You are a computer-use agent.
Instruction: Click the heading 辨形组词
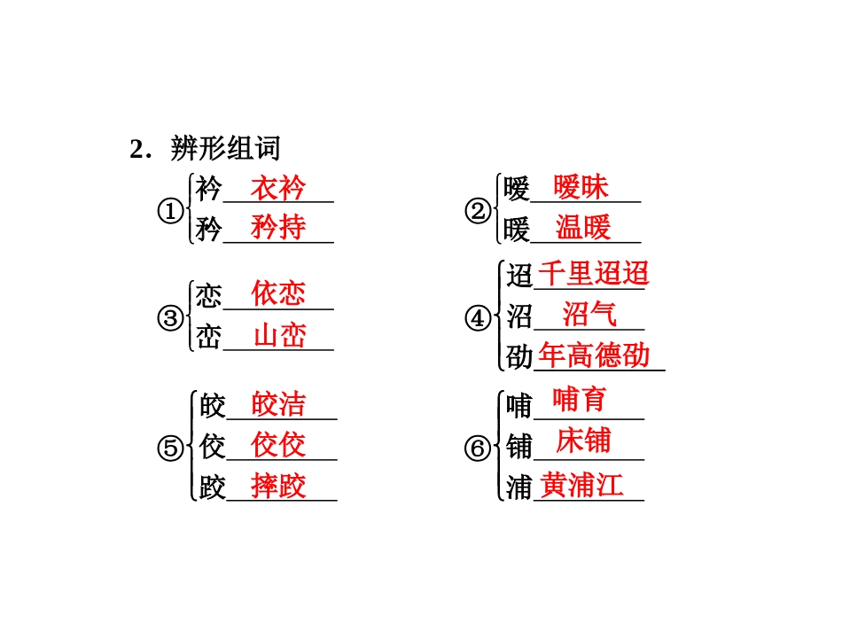click(225, 148)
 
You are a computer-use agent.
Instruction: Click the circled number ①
click(171, 211)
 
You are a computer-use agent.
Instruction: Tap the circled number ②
click(478, 211)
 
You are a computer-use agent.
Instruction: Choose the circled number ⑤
click(171, 449)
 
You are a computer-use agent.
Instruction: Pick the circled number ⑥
click(478, 449)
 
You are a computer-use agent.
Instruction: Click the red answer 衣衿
click(277, 188)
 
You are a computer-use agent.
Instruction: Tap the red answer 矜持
click(277, 227)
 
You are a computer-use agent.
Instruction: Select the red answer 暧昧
click(581, 187)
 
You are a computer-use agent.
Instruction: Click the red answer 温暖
click(583, 227)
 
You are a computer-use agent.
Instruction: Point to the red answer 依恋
click(277, 293)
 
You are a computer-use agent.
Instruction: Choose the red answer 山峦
click(279, 335)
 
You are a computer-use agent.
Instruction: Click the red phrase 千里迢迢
click(594, 273)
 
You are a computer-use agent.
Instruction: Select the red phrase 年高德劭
click(594, 355)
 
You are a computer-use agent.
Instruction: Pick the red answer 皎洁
click(278, 404)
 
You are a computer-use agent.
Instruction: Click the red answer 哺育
click(580, 400)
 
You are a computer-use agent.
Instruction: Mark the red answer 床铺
click(583, 441)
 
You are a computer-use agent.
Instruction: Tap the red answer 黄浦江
click(582, 484)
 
